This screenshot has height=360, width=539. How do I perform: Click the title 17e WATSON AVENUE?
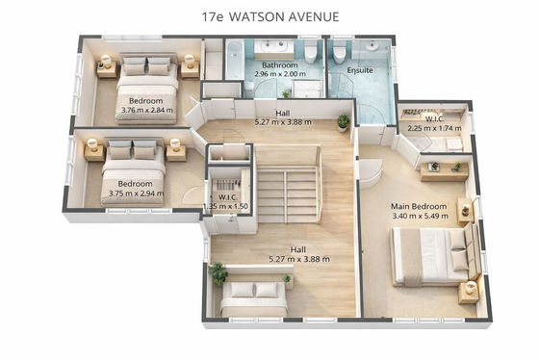(x=270, y=17)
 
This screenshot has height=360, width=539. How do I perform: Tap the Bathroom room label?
(x=280, y=65)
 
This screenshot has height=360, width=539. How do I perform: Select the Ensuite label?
(x=360, y=70)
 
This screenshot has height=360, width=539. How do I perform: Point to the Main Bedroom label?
(x=419, y=206)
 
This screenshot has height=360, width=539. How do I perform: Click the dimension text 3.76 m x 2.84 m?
(x=147, y=110)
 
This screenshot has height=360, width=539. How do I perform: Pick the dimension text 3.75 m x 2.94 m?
(x=136, y=193)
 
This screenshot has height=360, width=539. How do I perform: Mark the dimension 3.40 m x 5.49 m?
(x=420, y=216)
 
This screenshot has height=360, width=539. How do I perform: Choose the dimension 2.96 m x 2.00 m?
(x=280, y=73)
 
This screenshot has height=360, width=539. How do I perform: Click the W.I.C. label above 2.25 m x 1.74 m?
(x=435, y=119)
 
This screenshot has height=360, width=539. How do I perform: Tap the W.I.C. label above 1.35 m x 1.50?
(x=227, y=197)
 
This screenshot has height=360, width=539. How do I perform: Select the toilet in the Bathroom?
(x=310, y=53)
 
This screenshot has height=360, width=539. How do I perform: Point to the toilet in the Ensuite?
(x=339, y=53)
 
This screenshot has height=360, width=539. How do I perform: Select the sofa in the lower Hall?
(x=254, y=298)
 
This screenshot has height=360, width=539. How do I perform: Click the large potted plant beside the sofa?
(x=218, y=273)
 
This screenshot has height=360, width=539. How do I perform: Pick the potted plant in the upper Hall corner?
(x=343, y=123)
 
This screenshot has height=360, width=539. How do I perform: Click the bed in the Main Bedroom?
(x=437, y=256)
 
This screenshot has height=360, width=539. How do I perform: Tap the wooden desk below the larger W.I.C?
(x=445, y=172)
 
